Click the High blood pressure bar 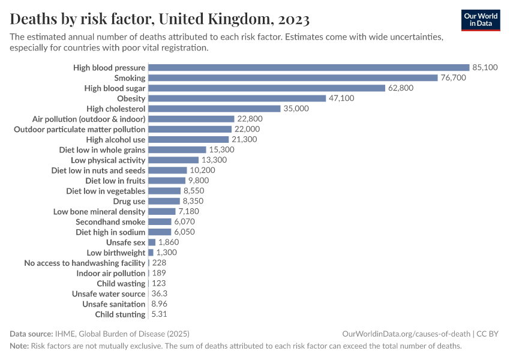308,68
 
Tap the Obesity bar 237,98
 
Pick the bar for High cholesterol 214,109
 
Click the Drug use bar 164,201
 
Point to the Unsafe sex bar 152,242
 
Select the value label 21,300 244,139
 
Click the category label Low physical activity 108,160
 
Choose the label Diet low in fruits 115,181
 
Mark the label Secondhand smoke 110,222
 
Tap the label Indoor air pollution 111,274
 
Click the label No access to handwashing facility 85,263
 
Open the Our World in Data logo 480,20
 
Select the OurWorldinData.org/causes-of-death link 406,334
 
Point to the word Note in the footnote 19,346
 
